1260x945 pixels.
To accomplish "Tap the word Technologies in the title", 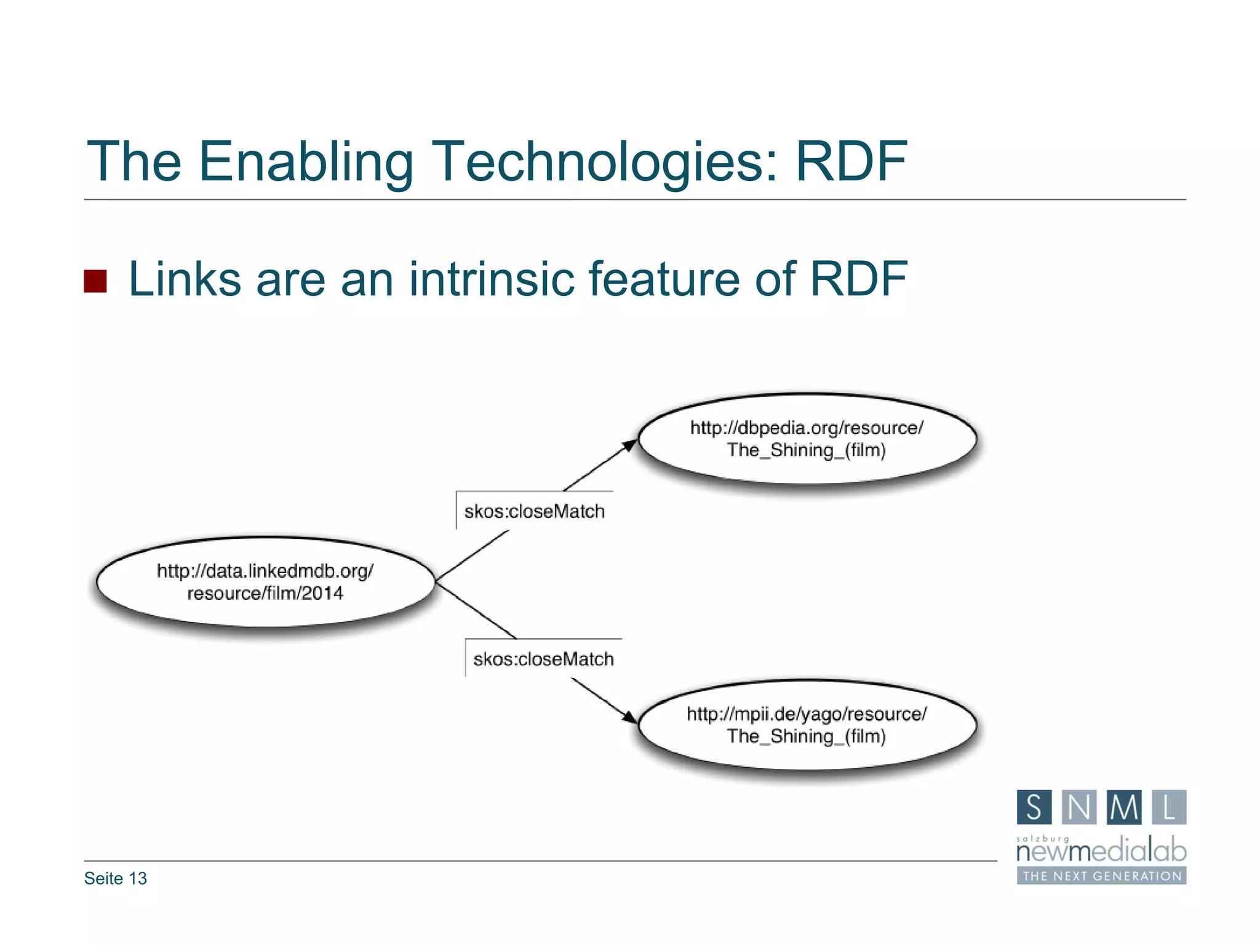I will [605, 161].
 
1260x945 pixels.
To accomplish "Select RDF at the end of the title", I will [851, 161].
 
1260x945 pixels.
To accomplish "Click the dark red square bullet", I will [95, 281].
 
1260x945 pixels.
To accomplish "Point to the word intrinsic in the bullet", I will [491, 279].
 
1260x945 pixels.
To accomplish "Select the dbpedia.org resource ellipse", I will [807, 439].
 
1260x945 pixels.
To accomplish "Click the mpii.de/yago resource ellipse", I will [807, 725].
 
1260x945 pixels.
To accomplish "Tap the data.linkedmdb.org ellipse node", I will [265, 582].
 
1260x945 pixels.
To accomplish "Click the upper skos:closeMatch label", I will [534, 511].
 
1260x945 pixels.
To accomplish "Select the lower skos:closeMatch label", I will [543, 659].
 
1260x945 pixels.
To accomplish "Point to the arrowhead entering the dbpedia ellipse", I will [630, 445].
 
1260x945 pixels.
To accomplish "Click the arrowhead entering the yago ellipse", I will [629, 717].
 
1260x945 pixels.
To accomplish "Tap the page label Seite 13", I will [116, 879].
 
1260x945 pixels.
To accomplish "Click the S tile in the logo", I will [1034, 807].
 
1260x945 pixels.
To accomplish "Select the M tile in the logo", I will [1124, 807].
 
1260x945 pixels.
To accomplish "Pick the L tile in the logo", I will [1169, 807].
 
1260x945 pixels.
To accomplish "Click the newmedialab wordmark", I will [1101, 851].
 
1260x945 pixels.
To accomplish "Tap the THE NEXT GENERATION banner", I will [1101, 876].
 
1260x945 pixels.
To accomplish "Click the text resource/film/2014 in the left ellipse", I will [265, 594].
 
